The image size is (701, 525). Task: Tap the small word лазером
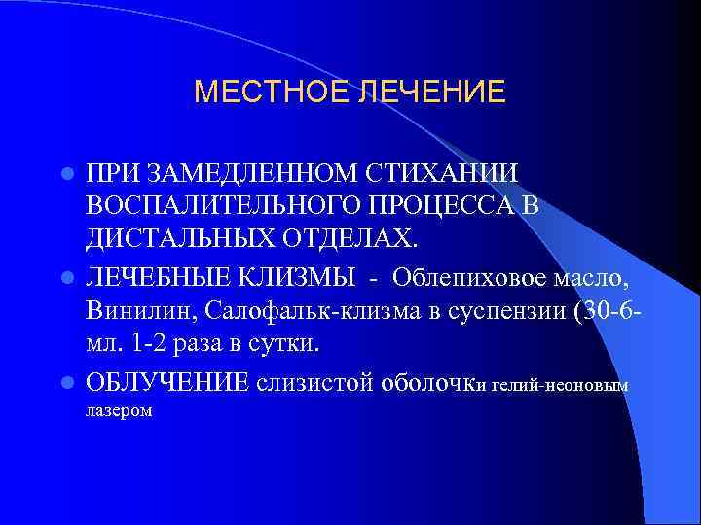pyautogui.click(x=119, y=411)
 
